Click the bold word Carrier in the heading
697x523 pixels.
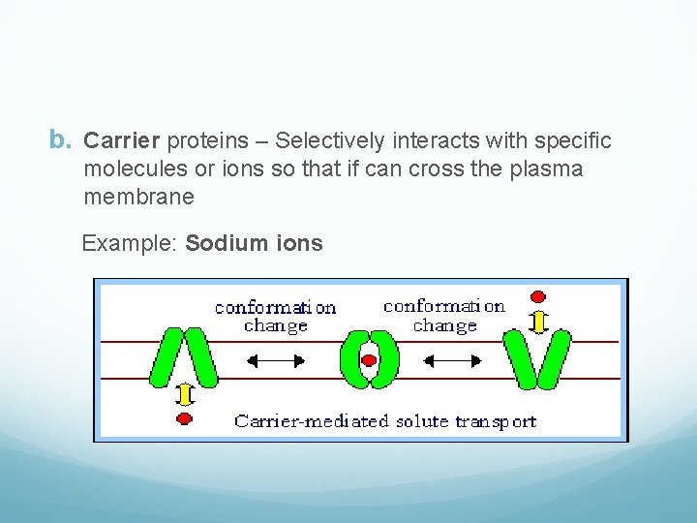[122, 141]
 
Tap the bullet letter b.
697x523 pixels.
[61, 141]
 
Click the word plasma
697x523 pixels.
[549, 169]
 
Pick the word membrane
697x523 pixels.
[139, 198]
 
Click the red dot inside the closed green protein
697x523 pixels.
[368, 362]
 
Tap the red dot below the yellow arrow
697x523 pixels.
[184, 418]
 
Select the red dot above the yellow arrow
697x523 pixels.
[539, 296]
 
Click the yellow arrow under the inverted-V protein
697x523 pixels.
[184, 396]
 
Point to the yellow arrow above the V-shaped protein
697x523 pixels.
[539, 319]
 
